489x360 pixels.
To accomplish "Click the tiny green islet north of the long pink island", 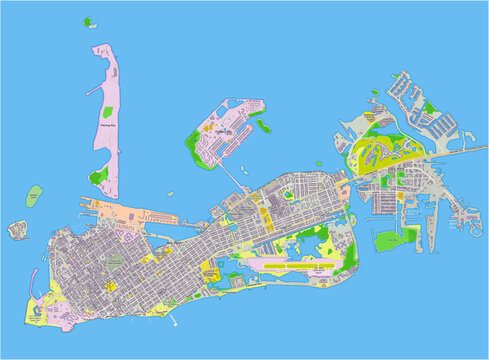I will (x=87, y=20).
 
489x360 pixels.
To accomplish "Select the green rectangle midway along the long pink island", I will (x=98, y=176).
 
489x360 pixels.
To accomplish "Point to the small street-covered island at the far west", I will (x=17, y=229).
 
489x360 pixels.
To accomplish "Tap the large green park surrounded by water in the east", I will (x=395, y=238).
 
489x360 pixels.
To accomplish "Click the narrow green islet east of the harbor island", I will (x=263, y=126).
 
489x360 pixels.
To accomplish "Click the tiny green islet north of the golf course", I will (x=375, y=93).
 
